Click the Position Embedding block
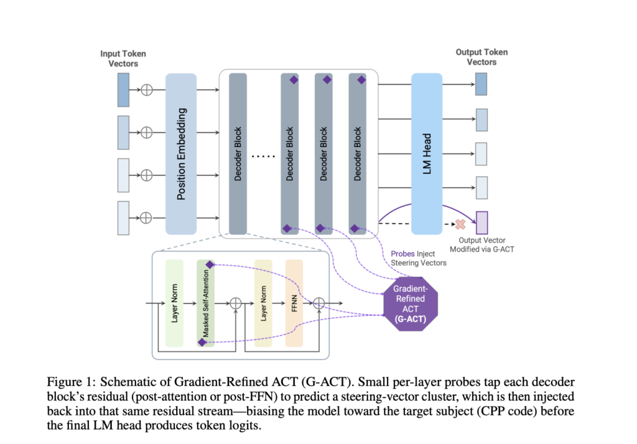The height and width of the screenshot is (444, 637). [181, 154]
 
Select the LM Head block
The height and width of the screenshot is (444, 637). [427, 154]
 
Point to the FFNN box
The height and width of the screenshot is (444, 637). [294, 303]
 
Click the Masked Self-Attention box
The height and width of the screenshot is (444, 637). [205, 303]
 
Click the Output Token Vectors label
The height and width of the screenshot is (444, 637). [481, 57]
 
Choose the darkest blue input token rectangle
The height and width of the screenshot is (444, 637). [123, 90]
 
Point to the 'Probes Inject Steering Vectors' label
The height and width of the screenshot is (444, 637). [418, 258]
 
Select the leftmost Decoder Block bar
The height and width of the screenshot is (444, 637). [238, 154]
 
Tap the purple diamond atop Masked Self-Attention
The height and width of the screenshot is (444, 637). [210, 265]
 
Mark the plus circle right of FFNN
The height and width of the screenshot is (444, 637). [319, 303]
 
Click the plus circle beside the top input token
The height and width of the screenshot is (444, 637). [147, 90]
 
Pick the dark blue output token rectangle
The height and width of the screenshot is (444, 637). [481, 85]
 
